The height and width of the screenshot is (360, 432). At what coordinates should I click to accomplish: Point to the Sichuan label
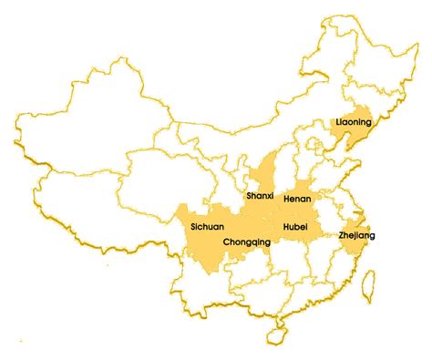coord(208,224)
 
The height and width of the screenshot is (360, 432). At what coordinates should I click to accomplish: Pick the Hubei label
coord(295,224)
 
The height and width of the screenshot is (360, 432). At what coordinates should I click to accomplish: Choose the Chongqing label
coord(246,242)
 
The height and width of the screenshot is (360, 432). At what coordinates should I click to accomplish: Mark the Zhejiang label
coord(355,235)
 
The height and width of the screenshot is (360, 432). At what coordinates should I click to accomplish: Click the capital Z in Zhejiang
coord(341,235)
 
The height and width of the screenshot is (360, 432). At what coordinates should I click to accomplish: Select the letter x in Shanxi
coord(269,195)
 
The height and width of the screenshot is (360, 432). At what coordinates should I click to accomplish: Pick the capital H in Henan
coord(286,198)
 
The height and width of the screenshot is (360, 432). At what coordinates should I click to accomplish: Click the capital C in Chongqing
coord(226,242)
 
